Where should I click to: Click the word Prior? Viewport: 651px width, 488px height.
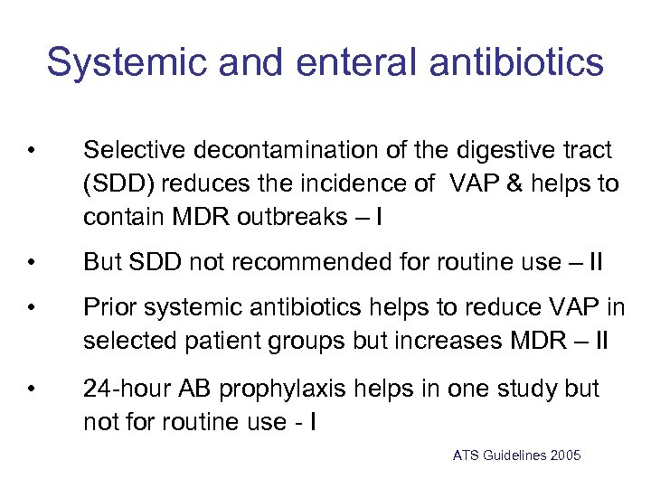coord(107,308)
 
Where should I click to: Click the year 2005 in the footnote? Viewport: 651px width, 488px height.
coord(565,455)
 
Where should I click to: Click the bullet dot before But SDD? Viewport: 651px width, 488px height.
coord(31,263)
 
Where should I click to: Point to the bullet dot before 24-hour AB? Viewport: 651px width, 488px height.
coord(31,389)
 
